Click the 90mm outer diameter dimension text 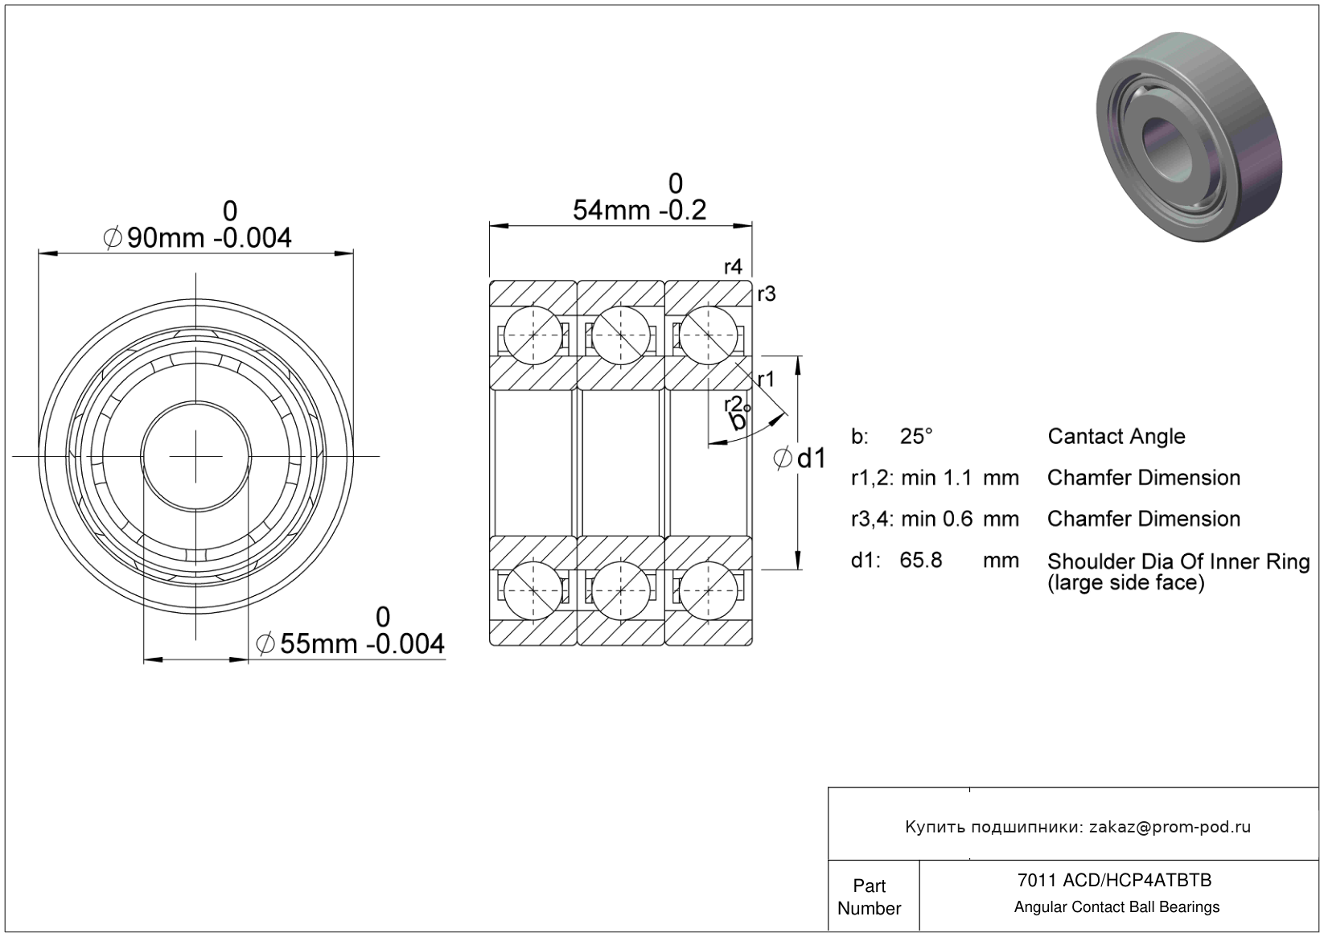click(197, 237)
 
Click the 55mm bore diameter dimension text click(351, 643)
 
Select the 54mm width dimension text click(639, 210)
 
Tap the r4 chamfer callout click(733, 267)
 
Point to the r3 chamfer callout click(767, 294)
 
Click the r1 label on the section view click(766, 380)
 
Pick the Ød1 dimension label click(800, 458)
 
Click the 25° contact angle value click(916, 436)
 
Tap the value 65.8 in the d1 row click(921, 560)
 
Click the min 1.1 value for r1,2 click(936, 478)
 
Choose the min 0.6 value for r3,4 click(936, 519)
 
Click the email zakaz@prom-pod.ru click(1170, 827)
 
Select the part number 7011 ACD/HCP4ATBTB click(1114, 880)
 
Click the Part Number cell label click(869, 897)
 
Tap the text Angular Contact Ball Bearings click(1116, 907)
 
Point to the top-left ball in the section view click(533, 335)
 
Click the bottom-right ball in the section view click(708, 590)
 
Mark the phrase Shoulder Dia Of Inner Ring click(1178, 561)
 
